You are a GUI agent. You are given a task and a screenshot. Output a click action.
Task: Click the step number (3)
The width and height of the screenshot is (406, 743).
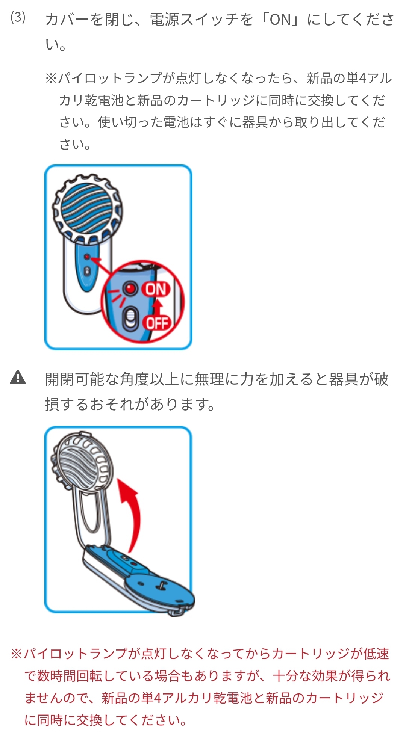pos(18,18)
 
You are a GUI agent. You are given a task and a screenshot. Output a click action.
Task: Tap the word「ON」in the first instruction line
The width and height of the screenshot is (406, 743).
pos(280,20)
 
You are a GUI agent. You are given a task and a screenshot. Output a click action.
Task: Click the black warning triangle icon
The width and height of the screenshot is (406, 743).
pos(18,378)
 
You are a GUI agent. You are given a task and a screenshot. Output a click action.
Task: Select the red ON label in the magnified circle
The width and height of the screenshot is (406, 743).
pos(156,289)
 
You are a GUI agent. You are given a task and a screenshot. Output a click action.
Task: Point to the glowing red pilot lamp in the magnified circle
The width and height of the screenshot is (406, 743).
pos(130,289)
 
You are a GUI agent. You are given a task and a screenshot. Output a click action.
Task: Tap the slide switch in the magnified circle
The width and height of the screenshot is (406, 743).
pos(130,319)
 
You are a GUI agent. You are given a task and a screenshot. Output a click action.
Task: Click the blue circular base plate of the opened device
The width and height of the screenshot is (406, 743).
pos(158,586)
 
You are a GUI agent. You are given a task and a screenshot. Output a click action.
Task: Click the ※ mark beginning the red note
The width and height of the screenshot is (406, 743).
pos(17,654)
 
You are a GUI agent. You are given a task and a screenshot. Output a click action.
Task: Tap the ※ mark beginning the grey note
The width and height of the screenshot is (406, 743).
pos(51,79)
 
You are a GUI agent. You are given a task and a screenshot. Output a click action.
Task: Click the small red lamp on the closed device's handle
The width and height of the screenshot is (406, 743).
pos(87,257)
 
